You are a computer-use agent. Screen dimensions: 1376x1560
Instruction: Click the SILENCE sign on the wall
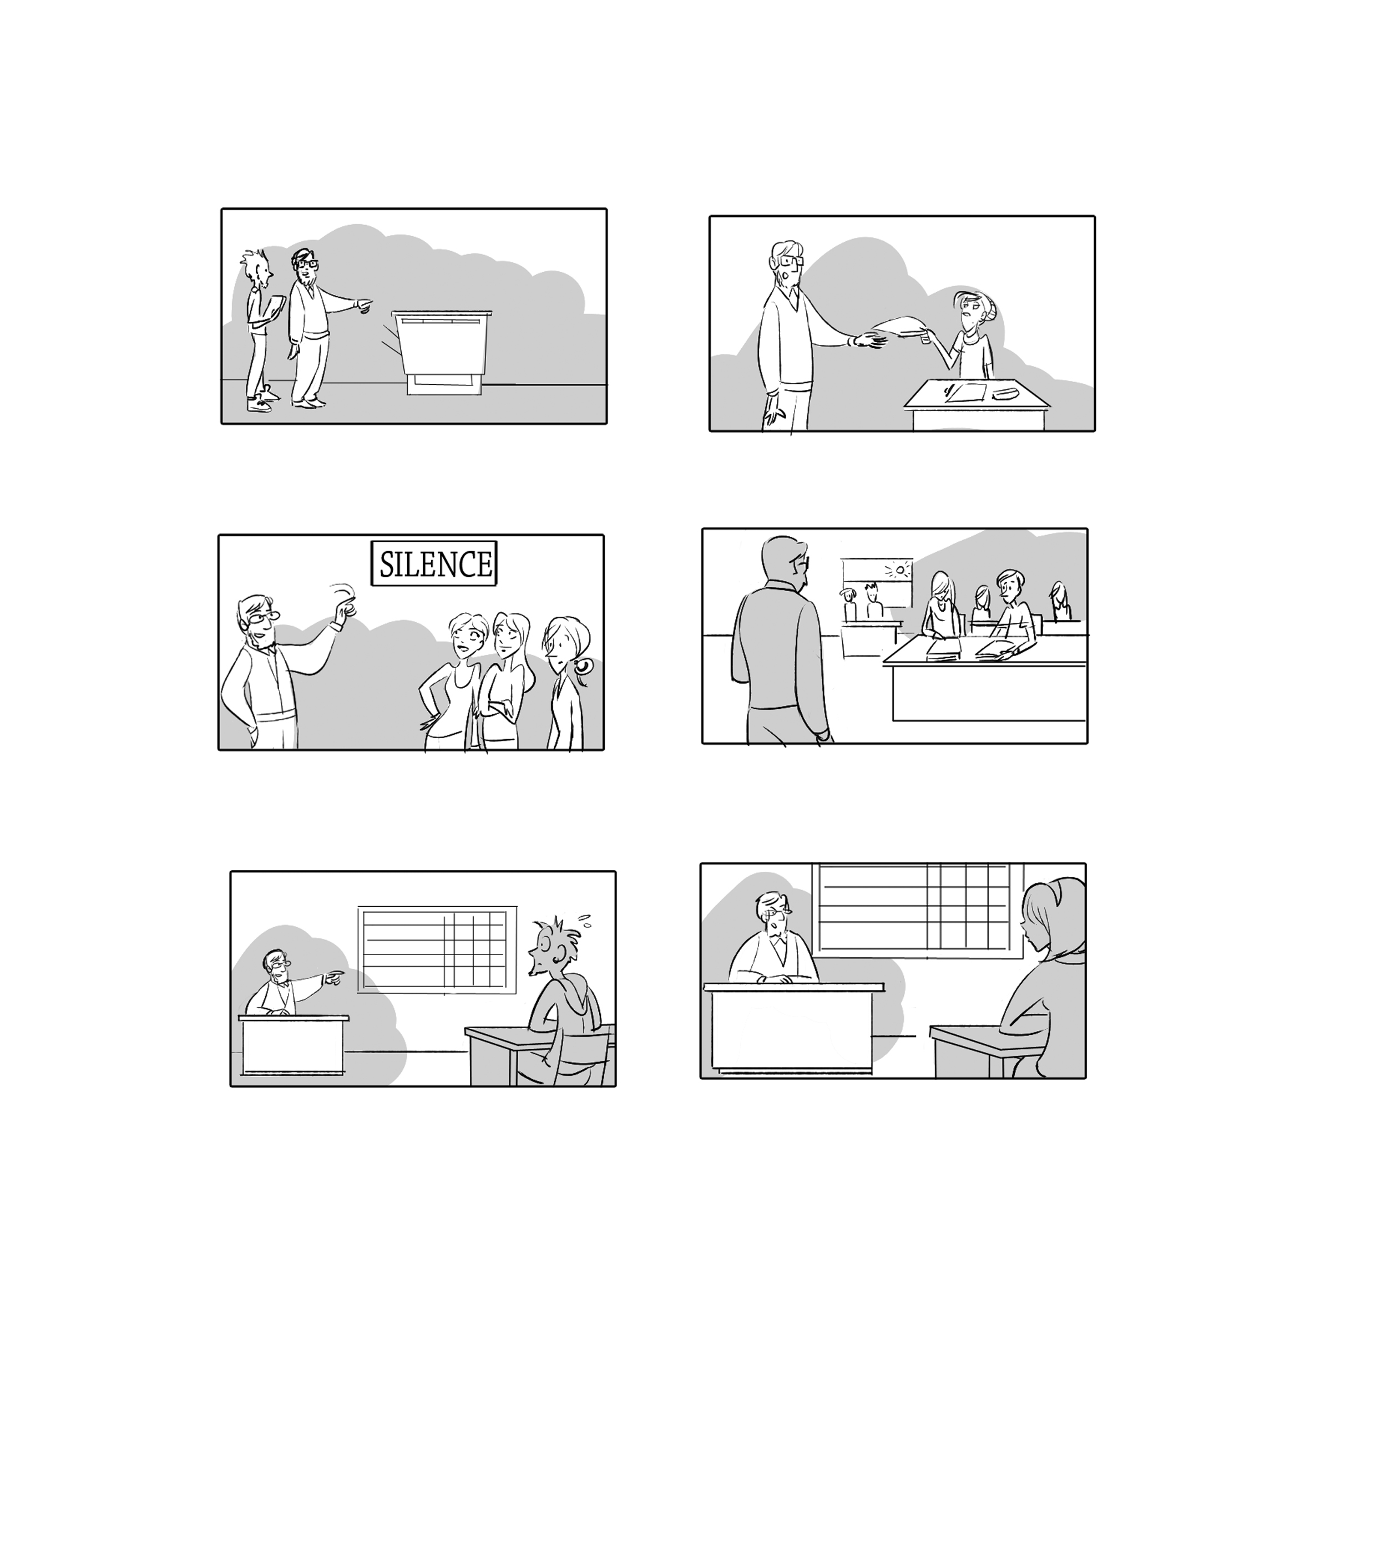(x=434, y=563)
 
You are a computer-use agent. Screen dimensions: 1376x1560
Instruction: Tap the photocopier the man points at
(x=441, y=352)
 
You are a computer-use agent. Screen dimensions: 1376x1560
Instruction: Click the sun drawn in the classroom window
(x=902, y=570)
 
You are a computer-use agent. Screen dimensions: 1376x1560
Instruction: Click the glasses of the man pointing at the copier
(x=308, y=264)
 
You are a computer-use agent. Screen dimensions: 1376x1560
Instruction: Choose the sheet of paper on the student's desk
(x=965, y=393)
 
